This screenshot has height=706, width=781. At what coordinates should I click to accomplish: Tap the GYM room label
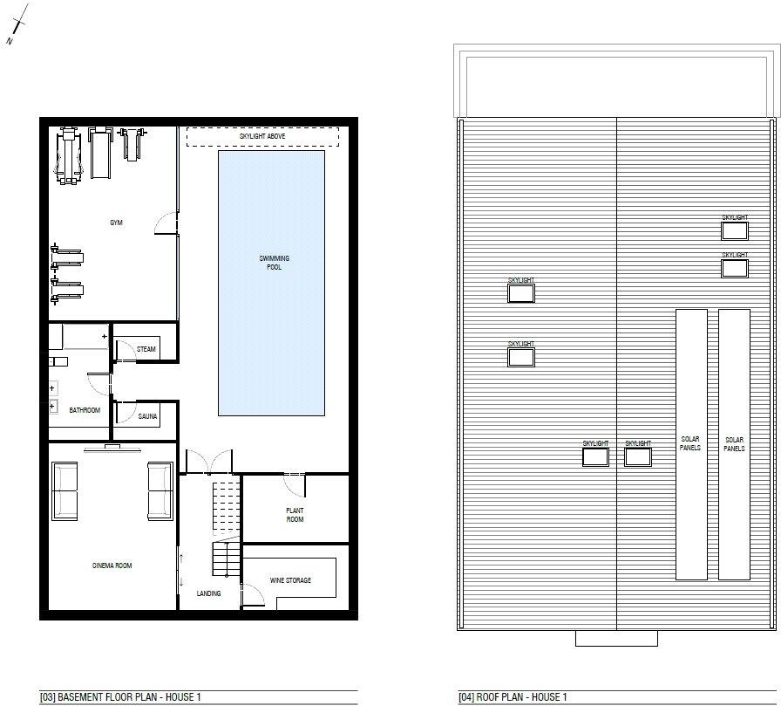(116, 223)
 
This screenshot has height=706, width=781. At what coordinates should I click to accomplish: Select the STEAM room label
(146, 350)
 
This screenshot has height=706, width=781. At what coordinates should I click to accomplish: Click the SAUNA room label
(147, 417)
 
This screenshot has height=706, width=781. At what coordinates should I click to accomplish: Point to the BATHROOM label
(85, 410)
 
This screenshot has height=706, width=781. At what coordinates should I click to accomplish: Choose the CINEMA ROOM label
(112, 565)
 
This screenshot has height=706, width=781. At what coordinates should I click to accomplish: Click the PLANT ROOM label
(295, 515)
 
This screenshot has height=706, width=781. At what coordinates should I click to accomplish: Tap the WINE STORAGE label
(289, 580)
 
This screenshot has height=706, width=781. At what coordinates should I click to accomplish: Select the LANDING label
(208, 593)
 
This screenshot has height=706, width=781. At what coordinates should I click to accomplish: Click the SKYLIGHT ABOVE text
(262, 137)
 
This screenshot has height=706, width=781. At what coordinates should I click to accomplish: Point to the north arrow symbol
(17, 25)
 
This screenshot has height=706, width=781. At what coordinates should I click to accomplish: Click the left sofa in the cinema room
(65, 490)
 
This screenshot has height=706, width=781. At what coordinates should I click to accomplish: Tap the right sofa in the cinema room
(160, 490)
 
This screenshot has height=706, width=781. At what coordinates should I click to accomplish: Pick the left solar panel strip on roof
(690, 444)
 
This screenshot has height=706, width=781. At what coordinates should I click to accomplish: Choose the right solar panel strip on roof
(734, 444)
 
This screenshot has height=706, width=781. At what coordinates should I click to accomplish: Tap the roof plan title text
(513, 697)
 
